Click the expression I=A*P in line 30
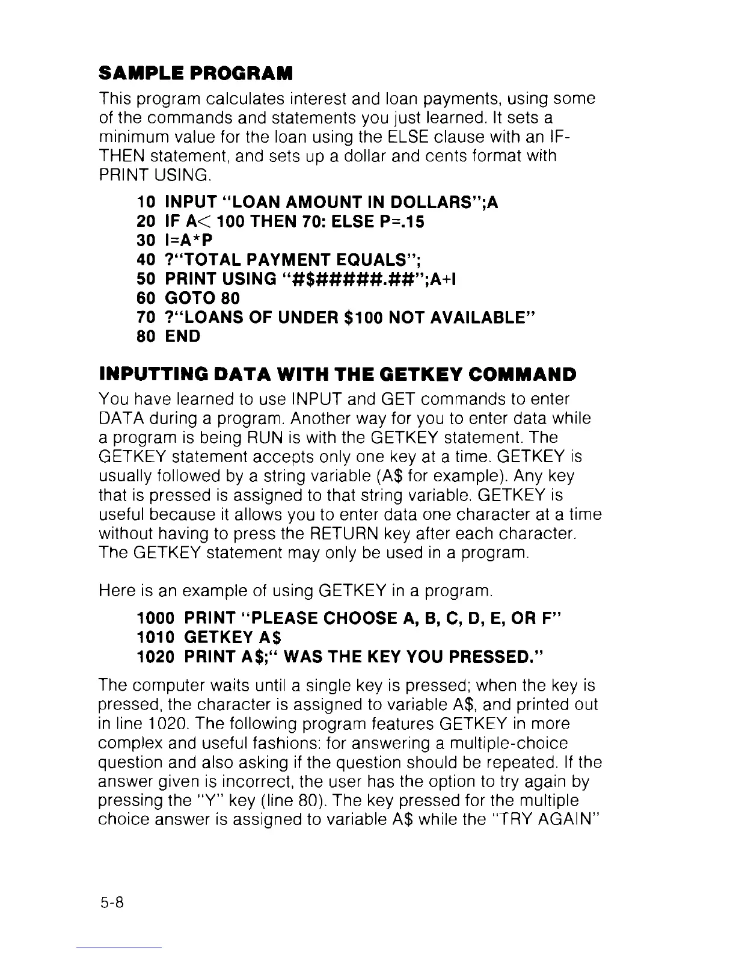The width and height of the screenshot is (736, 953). pos(184,241)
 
